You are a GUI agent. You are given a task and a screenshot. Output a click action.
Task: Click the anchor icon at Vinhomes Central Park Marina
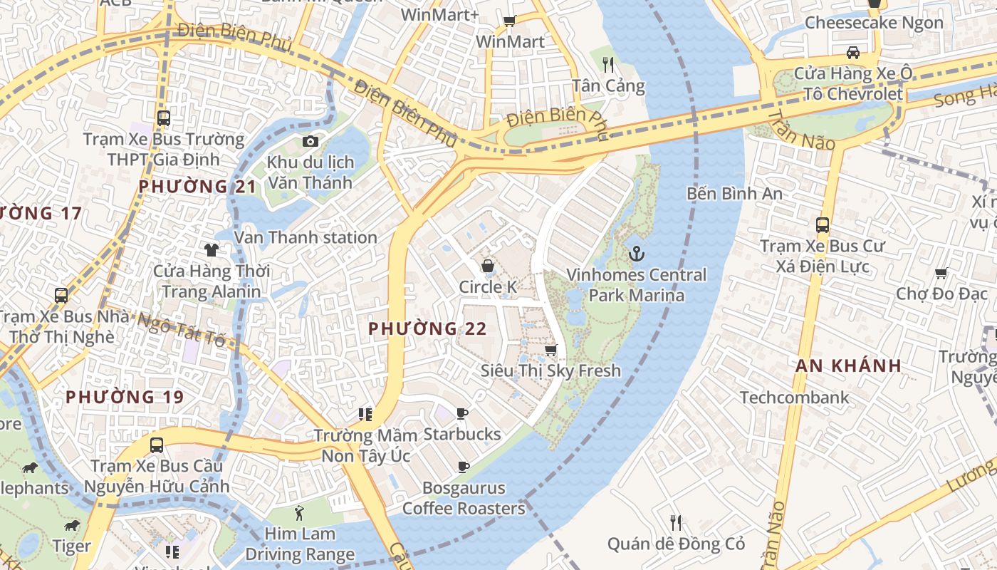pyautogui.click(x=636, y=253)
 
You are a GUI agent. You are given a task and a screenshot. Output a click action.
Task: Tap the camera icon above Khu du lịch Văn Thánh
pyautogui.click(x=310, y=141)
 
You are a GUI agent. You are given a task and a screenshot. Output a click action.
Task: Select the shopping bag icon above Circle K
pyautogui.click(x=488, y=266)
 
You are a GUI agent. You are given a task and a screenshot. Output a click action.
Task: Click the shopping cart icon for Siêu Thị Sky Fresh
pyautogui.click(x=550, y=350)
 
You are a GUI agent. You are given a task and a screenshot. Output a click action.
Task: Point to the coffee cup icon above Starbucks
pyautogui.click(x=462, y=413)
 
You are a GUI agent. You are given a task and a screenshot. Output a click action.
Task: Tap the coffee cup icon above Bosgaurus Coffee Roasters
pyautogui.click(x=463, y=467)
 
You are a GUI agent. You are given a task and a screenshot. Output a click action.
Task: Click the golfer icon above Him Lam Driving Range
pyautogui.click(x=299, y=513)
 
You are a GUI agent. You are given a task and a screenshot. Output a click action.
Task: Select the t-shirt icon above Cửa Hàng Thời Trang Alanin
pyautogui.click(x=212, y=249)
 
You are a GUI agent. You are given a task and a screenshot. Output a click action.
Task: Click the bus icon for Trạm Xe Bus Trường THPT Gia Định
pyautogui.click(x=164, y=118)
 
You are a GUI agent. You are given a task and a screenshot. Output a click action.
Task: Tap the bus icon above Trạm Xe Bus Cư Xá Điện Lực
pyautogui.click(x=823, y=225)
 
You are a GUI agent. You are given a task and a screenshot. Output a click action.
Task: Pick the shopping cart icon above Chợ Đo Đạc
pyautogui.click(x=941, y=273)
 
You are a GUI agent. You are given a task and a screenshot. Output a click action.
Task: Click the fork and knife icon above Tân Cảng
pyautogui.click(x=608, y=66)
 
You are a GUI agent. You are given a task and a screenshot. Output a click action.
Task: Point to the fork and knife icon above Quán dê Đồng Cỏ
pyautogui.click(x=676, y=523)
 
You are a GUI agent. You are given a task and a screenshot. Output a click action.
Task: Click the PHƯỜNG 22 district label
pyautogui.click(x=427, y=328)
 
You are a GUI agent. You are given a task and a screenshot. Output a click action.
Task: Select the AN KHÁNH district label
pyautogui.click(x=848, y=366)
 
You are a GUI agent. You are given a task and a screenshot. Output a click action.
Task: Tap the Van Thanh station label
pyautogui.click(x=306, y=237)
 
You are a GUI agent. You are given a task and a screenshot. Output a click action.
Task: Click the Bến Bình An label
pyautogui.click(x=734, y=193)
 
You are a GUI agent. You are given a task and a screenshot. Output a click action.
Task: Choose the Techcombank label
pyautogui.click(x=794, y=398)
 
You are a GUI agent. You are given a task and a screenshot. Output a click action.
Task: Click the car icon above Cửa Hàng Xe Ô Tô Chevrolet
pyautogui.click(x=852, y=52)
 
